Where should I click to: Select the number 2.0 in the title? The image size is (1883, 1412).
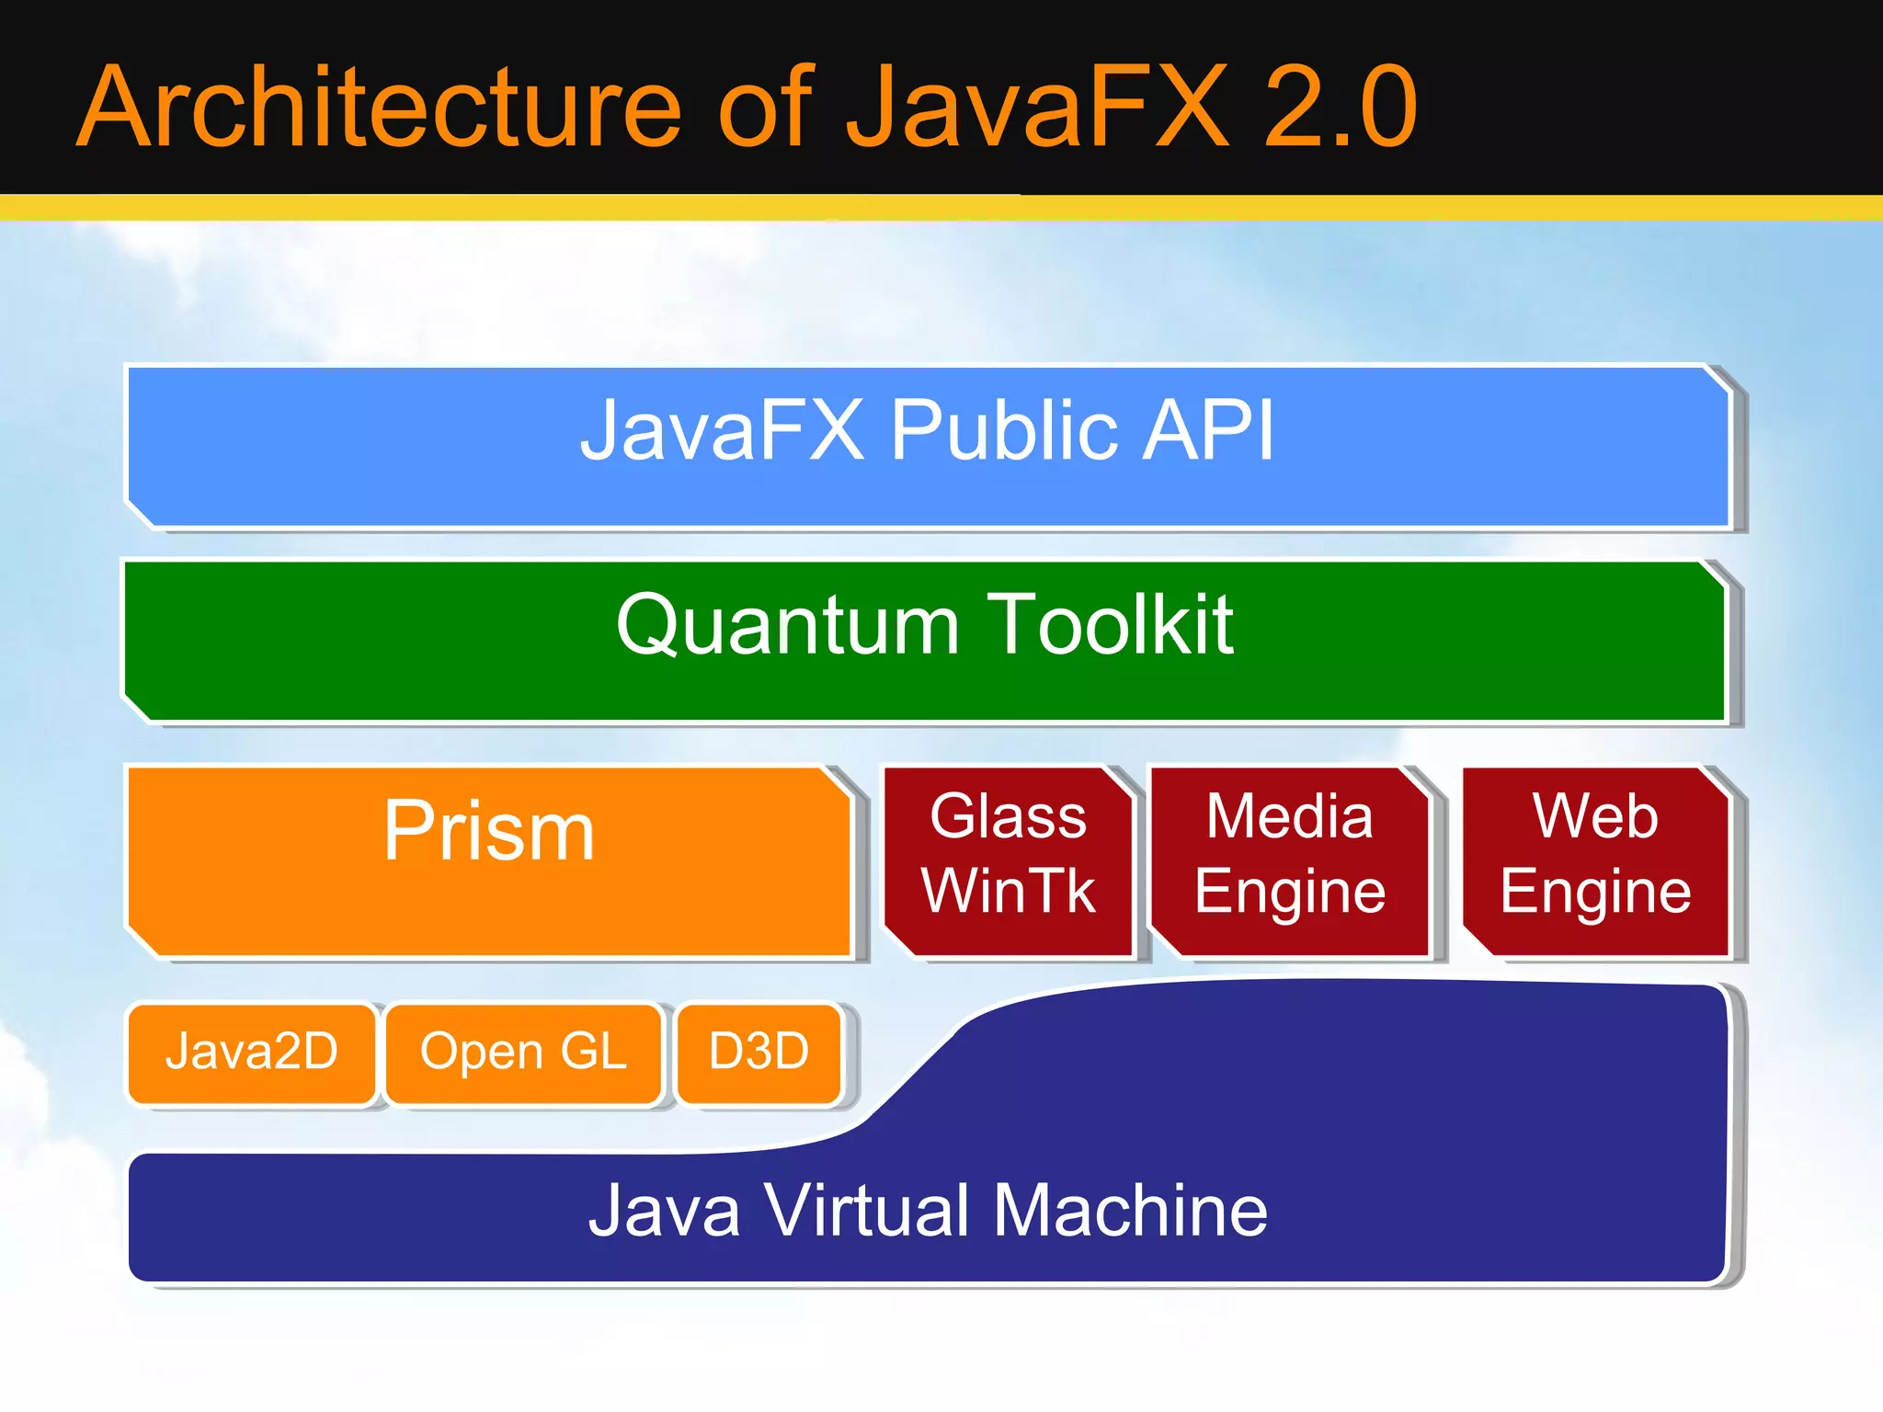point(1340,108)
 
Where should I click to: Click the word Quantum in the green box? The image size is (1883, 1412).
point(788,625)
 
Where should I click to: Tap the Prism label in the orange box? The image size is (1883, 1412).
point(489,831)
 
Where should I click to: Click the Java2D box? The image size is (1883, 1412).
point(252,1052)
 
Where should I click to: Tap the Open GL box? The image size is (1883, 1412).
point(523,1052)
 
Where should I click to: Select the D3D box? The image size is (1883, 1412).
point(759,1052)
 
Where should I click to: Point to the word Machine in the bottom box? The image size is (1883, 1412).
point(1130,1211)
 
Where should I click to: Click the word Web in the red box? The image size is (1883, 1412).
point(1595,815)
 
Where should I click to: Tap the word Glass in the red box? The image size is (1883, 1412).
point(1009,815)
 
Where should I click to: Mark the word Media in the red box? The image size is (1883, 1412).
point(1289,815)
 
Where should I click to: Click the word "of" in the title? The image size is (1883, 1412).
point(765,108)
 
